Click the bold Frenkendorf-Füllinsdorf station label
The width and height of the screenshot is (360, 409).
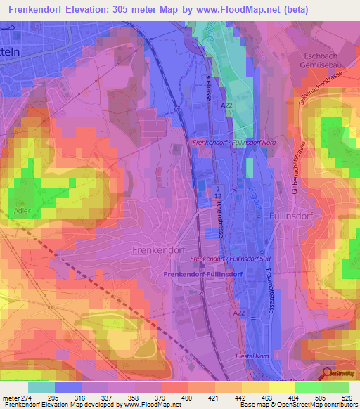202,273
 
